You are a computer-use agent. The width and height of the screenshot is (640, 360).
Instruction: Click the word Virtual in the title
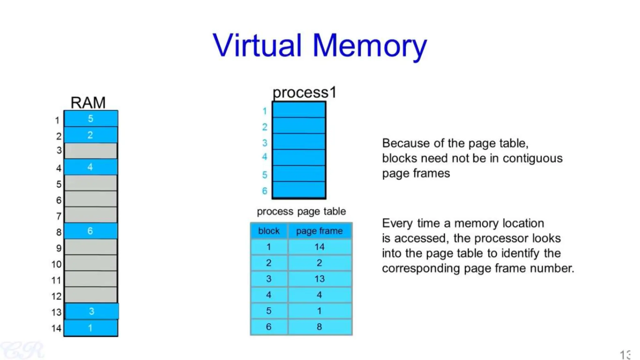(x=257, y=46)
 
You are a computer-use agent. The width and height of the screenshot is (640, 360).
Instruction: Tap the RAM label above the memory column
(x=88, y=102)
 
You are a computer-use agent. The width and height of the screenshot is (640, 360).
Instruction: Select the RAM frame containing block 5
(x=91, y=119)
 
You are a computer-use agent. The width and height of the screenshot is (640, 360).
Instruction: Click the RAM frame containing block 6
(x=91, y=231)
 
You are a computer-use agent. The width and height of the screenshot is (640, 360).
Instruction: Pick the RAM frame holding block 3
(x=92, y=311)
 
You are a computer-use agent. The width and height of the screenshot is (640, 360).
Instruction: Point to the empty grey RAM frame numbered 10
(x=91, y=263)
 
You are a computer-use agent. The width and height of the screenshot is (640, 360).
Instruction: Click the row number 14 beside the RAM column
(x=56, y=328)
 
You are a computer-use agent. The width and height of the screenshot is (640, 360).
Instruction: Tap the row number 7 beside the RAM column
(x=59, y=216)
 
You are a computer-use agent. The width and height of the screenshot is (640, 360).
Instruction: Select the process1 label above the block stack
(x=304, y=92)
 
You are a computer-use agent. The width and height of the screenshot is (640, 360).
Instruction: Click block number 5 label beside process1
(x=265, y=175)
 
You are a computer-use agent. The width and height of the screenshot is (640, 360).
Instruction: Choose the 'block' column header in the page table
(x=269, y=231)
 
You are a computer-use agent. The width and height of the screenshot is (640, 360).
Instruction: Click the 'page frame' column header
(x=319, y=231)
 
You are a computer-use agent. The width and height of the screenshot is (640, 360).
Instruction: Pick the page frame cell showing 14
(x=319, y=247)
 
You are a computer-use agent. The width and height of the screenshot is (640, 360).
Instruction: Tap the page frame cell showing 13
(x=319, y=279)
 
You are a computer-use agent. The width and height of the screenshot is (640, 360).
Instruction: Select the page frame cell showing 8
(x=319, y=327)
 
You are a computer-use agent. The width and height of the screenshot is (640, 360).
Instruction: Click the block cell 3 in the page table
(x=269, y=279)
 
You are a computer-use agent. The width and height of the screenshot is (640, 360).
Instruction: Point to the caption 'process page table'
(x=301, y=212)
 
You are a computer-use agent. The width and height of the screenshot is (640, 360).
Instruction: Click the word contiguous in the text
(x=532, y=158)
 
